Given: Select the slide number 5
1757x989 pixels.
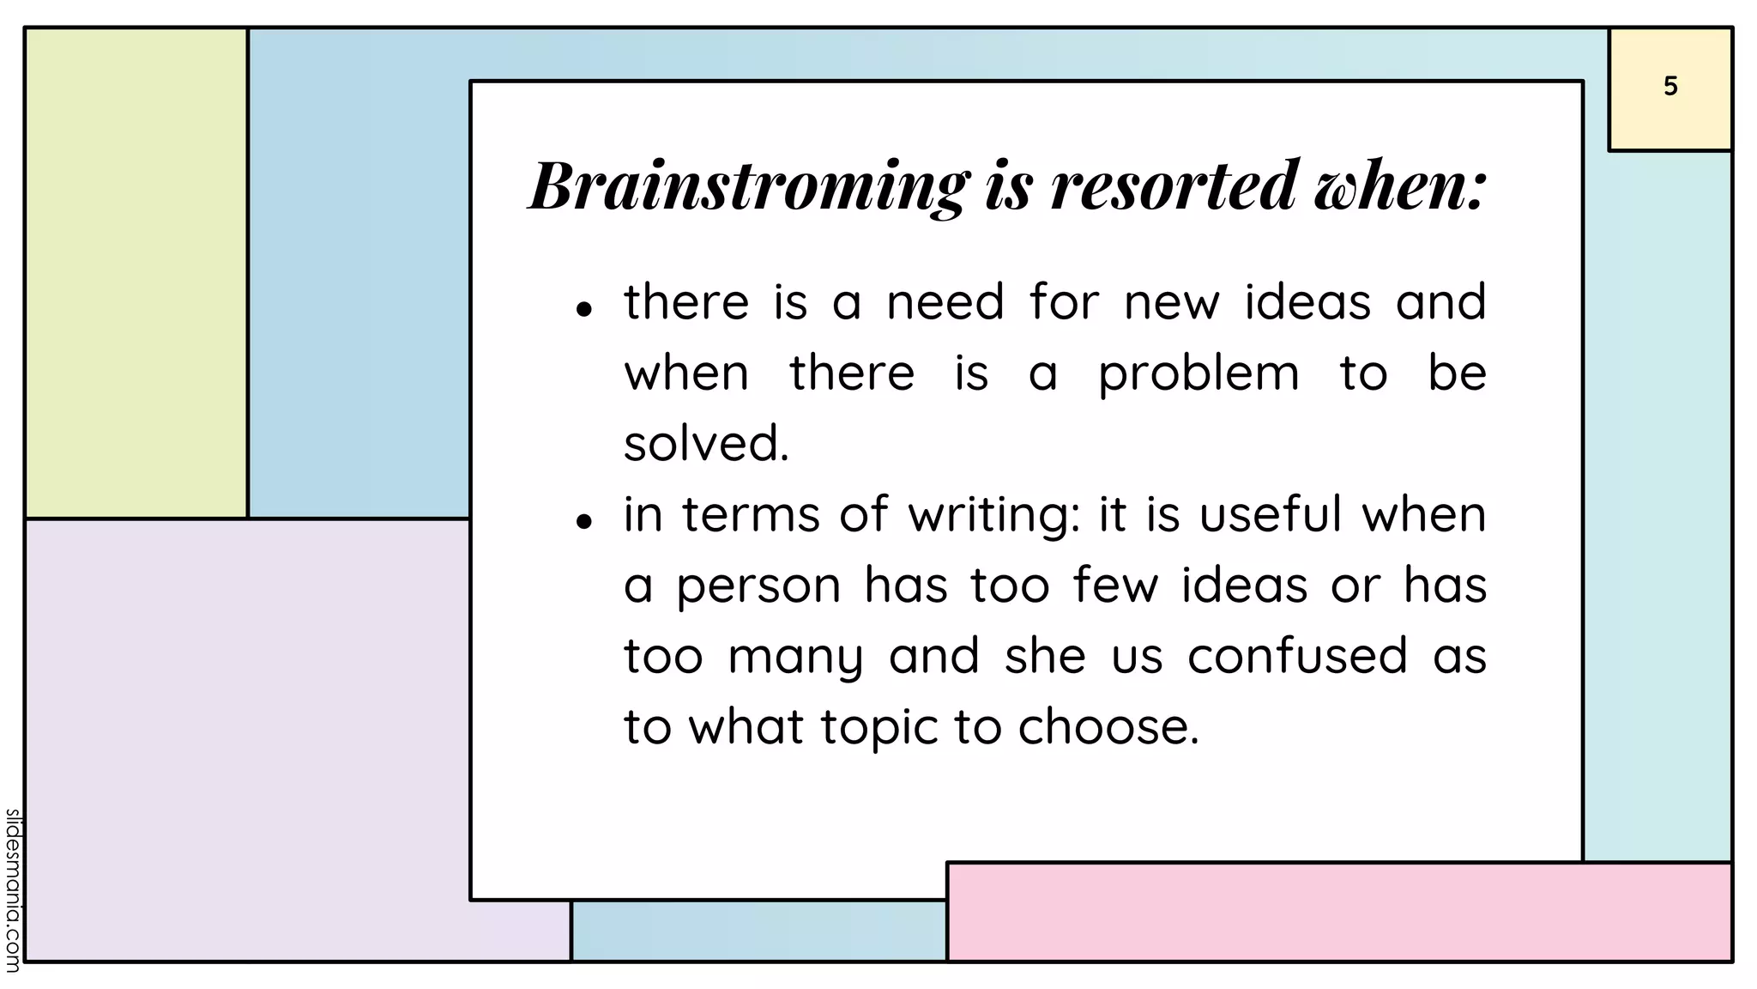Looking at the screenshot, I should [x=1670, y=87].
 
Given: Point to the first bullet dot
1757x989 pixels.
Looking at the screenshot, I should [x=584, y=309].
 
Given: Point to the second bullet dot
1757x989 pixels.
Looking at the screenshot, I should [x=584, y=521].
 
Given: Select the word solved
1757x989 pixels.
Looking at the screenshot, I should [x=705, y=444].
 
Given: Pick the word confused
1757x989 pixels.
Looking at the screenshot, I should [x=1297, y=656].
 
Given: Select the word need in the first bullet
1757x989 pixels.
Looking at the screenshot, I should [x=945, y=303].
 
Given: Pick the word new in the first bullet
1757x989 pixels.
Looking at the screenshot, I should [x=1172, y=303].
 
